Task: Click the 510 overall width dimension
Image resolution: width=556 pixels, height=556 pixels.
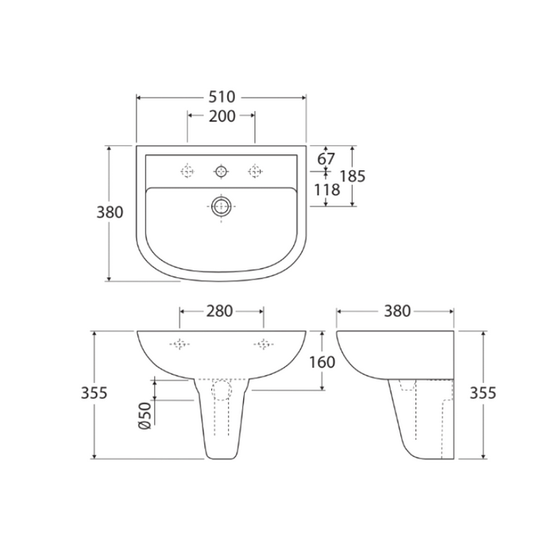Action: point(222,97)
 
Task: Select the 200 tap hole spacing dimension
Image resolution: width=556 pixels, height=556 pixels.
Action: point(222,117)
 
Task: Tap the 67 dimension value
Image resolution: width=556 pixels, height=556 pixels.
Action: point(326,159)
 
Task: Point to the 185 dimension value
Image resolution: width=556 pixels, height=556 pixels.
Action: point(351,176)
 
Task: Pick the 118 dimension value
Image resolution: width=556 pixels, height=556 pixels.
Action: point(327,191)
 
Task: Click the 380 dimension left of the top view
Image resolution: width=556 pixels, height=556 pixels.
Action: point(110,213)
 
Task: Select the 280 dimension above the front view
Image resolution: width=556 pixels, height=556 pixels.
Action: point(220,311)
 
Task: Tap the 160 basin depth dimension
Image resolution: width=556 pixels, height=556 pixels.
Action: point(322,361)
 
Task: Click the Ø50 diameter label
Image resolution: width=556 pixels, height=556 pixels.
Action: point(145,415)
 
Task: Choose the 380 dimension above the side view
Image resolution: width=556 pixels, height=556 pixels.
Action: point(395,311)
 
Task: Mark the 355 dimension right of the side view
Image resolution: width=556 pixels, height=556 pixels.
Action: point(482,393)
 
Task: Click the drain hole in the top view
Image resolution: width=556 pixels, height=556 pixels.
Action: point(221,207)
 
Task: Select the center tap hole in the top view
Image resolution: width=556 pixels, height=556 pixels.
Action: point(221,170)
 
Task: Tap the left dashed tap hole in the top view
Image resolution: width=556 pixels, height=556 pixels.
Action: point(188,170)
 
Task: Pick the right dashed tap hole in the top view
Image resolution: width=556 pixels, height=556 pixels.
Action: point(255,170)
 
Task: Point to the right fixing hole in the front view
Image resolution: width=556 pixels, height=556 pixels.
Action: point(261,344)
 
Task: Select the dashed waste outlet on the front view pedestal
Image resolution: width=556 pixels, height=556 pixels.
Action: point(222,391)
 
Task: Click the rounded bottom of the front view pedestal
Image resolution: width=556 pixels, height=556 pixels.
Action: point(222,454)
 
